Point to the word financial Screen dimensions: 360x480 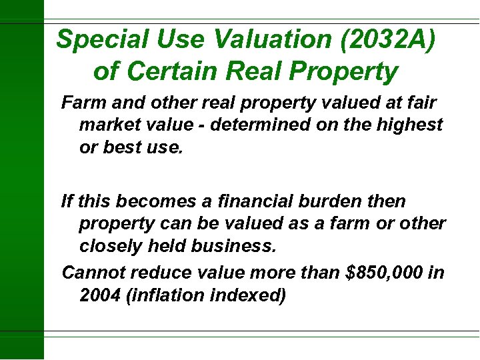pos(259,201)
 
